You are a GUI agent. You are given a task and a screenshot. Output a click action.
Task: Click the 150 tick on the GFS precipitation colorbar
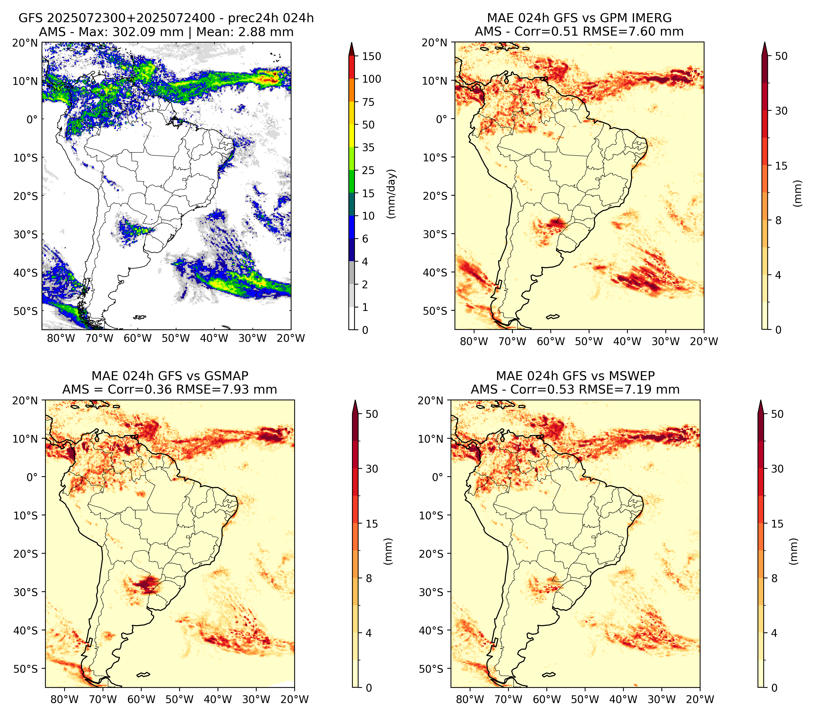[371, 56]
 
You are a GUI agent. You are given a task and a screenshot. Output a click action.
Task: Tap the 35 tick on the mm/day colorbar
[368, 147]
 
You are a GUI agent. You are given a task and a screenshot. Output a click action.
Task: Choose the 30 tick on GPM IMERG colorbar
[781, 111]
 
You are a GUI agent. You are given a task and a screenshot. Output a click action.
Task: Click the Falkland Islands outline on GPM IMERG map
[553, 316]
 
